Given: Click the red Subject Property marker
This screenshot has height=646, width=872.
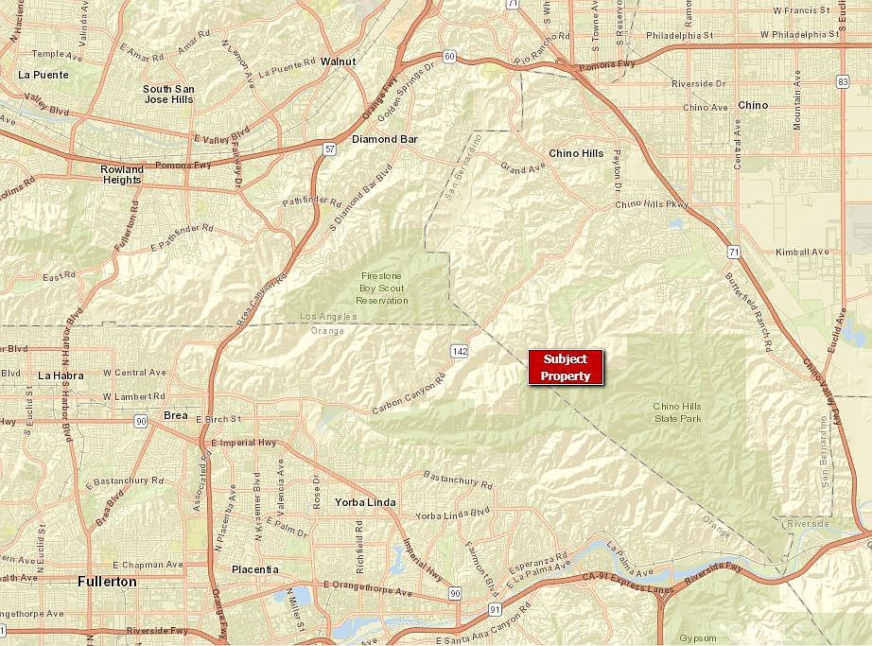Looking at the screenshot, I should [565, 367].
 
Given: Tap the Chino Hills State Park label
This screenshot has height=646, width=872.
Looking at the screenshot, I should [678, 411].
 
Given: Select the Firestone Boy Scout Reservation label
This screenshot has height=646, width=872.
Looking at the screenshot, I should [384, 288].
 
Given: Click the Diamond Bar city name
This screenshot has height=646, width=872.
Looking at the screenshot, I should [384, 139].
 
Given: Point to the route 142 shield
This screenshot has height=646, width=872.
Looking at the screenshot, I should [460, 351].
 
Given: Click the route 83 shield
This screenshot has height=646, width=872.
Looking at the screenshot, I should [842, 82].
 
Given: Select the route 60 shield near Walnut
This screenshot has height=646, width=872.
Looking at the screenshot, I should [449, 57].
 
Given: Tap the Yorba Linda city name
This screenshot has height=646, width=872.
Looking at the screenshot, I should [365, 502].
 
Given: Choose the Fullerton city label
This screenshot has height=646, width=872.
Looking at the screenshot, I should [107, 582].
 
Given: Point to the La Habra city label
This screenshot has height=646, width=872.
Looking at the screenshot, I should [61, 375].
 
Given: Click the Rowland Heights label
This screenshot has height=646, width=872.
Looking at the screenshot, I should [122, 175].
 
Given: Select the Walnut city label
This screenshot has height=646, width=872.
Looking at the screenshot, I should [338, 61].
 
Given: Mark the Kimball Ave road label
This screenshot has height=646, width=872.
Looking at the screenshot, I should [801, 253].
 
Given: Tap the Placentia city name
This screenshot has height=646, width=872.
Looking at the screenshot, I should [255, 569].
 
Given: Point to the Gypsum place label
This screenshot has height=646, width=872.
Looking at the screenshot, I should [699, 637].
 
